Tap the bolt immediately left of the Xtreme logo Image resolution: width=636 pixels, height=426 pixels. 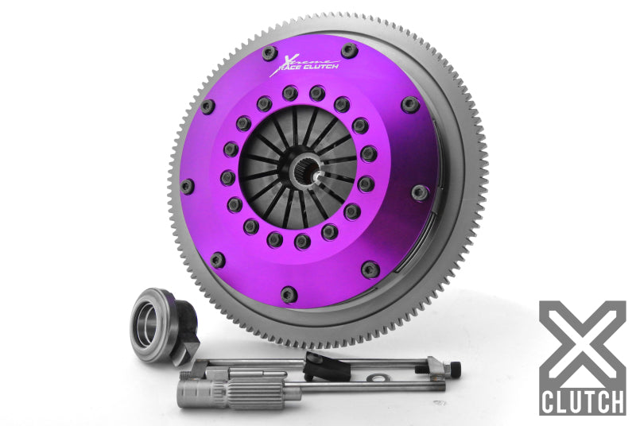pos(269,53)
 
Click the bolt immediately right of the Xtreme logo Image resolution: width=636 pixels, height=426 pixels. pos(349,52)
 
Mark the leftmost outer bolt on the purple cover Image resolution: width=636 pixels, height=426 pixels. pos(188,186)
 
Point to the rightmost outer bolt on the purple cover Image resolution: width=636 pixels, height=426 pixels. pos(421,192)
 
